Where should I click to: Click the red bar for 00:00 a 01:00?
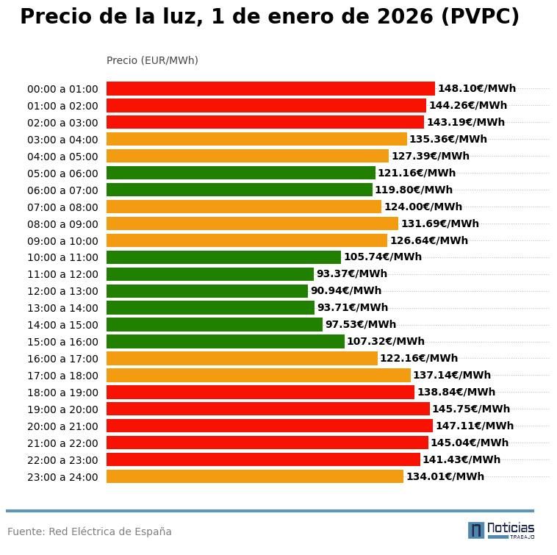(270, 89)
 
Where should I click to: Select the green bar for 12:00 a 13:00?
(207, 291)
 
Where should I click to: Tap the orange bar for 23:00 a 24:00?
(255, 476)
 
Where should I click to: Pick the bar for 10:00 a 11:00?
(223, 257)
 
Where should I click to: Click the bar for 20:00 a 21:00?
(270, 426)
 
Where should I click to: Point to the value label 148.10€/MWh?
(477, 89)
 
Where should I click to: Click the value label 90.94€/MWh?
(346, 291)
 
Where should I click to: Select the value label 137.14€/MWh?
(452, 376)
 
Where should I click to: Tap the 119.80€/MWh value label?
(414, 190)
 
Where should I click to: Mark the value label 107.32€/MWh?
(386, 342)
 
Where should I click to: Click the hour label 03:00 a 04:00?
(62, 140)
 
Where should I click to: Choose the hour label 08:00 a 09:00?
(62, 224)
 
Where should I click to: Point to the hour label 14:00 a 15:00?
(62, 325)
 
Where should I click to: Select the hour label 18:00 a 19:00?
(62, 393)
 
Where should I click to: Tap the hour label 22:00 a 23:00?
(62, 460)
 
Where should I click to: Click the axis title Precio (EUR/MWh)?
(152, 60)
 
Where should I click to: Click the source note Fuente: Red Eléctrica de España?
(90, 531)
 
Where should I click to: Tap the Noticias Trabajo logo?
(501, 530)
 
